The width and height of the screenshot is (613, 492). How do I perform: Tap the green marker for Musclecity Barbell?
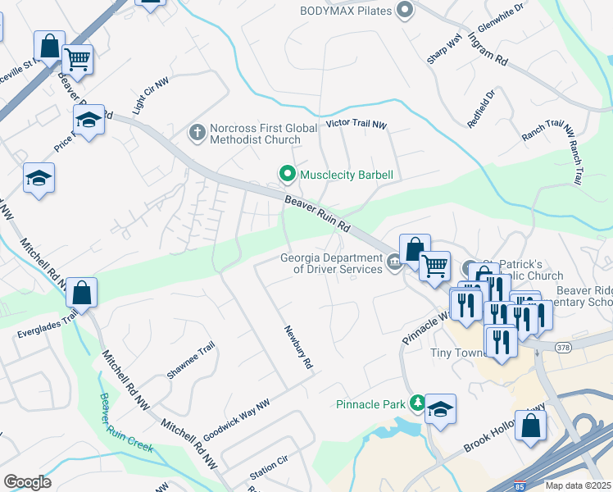point(287,174)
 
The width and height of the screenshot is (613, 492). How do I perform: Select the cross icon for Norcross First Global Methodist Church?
point(197,132)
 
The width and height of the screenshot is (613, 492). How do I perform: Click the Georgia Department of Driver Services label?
point(331,262)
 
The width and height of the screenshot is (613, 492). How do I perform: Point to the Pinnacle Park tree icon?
point(418,403)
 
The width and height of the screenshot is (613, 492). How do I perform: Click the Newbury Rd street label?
point(299,347)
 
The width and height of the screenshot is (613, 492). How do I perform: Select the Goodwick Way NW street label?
point(237,417)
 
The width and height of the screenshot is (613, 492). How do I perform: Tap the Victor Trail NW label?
point(355,125)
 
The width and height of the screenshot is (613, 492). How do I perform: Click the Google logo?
point(27,481)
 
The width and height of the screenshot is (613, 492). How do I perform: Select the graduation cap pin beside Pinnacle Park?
point(441,409)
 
